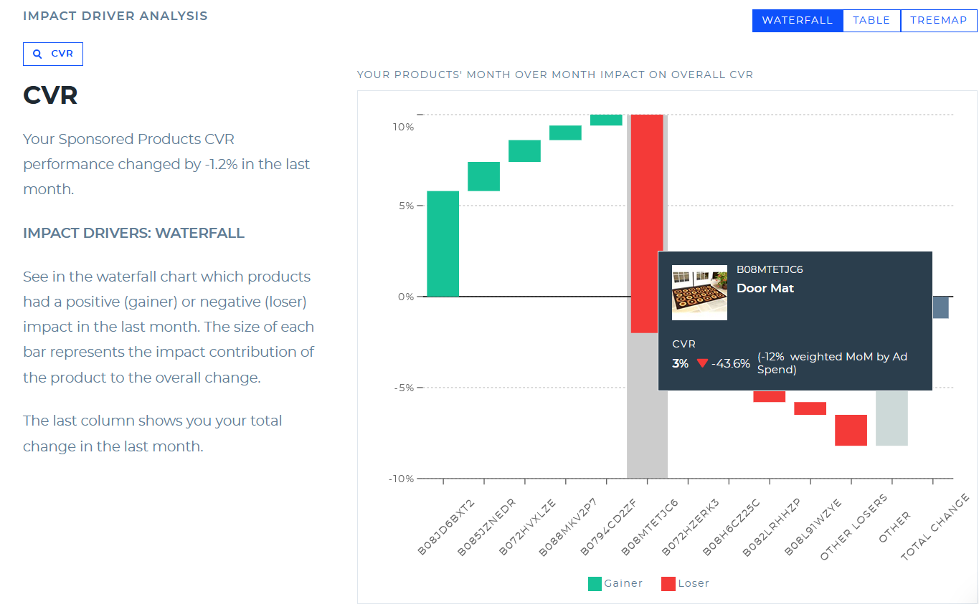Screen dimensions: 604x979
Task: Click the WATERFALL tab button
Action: [x=797, y=21]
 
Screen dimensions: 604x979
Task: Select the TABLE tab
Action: [x=871, y=21]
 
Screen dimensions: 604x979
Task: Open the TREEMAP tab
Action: [x=938, y=21]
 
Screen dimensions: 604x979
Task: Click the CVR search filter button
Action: [x=53, y=54]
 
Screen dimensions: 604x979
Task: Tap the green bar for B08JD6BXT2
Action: [x=443, y=244]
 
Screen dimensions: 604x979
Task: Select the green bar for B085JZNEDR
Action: [x=483, y=176]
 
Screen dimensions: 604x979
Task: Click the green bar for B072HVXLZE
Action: [x=524, y=151]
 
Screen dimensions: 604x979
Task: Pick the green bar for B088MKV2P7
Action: [x=565, y=133]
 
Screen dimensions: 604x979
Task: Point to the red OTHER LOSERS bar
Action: [x=851, y=430]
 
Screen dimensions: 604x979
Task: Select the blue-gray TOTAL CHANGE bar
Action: [x=940, y=307]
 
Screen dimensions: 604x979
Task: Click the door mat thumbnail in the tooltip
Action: [x=699, y=292]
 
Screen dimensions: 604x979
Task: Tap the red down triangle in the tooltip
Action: [x=702, y=363]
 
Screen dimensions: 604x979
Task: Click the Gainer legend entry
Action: [x=615, y=583]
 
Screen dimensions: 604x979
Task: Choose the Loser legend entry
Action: [x=685, y=583]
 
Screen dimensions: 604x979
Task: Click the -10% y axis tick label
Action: [x=401, y=479]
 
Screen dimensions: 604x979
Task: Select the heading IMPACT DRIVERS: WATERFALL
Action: [x=133, y=233]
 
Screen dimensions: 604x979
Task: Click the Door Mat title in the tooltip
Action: [x=765, y=288]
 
